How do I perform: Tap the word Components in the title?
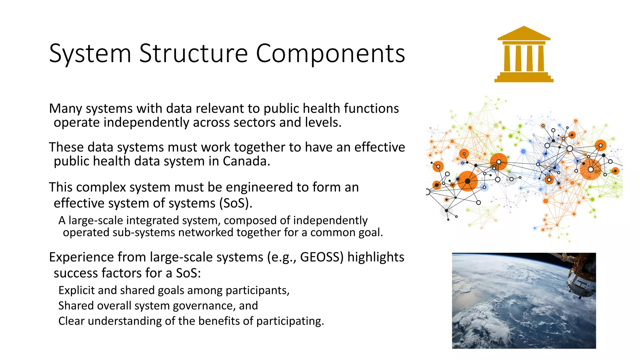[x=330, y=53]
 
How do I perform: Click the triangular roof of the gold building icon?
[x=524, y=33]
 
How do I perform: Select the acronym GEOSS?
[x=319, y=257]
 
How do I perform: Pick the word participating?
[x=290, y=321]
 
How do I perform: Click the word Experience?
[x=81, y=257]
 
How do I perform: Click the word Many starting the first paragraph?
[x=65, y=109]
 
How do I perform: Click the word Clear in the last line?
[x=71, y=321]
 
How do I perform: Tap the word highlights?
[x=376, y=257]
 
